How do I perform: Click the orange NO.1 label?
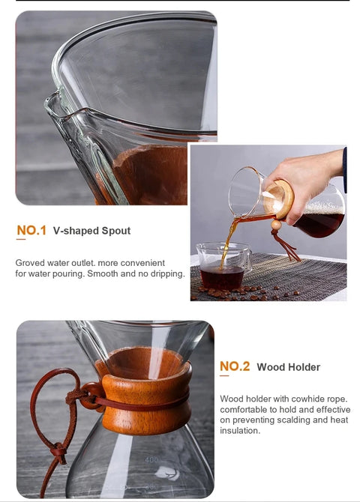(x=31, y=230)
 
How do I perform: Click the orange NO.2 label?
(x=235, y=366)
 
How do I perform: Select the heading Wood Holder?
(x=288, y=367)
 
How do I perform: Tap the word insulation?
(x=240, y=431)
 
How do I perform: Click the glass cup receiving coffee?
(x=223, y=266)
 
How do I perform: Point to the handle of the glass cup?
(x=247, y=258)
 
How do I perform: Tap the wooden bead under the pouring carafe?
(x=276, y=225)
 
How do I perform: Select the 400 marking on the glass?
(x=151, y=460)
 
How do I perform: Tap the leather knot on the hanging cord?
(x=60, y=451)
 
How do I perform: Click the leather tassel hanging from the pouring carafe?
(x=285, y=245)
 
